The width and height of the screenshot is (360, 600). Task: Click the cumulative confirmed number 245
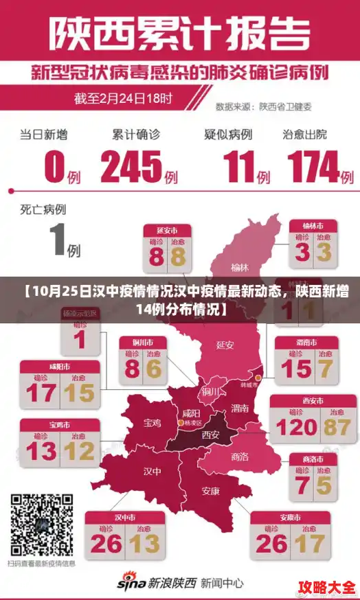point(131,166)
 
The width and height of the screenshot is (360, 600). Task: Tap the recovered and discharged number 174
point(313,166)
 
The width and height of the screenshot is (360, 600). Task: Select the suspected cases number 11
point(238,166)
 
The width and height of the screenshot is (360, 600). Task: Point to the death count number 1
point(58,240)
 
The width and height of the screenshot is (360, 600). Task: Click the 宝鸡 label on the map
point(153,424)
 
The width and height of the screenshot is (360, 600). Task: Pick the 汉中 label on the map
point(152,472)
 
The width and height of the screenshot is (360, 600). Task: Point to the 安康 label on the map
point(211,491)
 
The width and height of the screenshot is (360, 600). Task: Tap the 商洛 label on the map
point(240,456)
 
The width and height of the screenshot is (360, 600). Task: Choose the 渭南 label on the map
point(240,408)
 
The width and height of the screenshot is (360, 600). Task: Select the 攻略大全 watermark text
point(327,588)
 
